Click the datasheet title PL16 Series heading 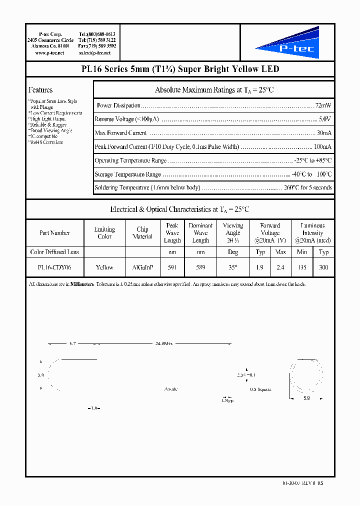pyautogui.click(x=180, y=69)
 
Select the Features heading pyautogui.click(x=40, y=90)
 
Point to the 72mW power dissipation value pyautogui.click(x=323, y=105)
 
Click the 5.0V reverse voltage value pyautogui.click(x=325, y=119)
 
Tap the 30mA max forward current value pyautogui.click(x=324, y=133)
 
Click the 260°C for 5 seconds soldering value pyautogui.click(x=308, y=187)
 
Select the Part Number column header pyautogui.click(x=54, y=233)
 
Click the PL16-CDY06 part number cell pyautogui.click(x=54, y=267)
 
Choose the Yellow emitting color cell pyautogui.click(x=104, y=267)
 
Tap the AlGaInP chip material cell pyautogui.click(x=142, y=267)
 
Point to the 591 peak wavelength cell pyautogui.click(x=172, y=267)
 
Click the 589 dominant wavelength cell pyautogui.click(x=200, y=267)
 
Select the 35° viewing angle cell pyautogui.click(x=233, y=267)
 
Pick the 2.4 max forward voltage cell pyautogui.click(x=280, y=267)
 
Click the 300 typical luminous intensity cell pyautogui.click(x=323, y=267)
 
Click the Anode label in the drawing pyautogui.click(x=171, y=389)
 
